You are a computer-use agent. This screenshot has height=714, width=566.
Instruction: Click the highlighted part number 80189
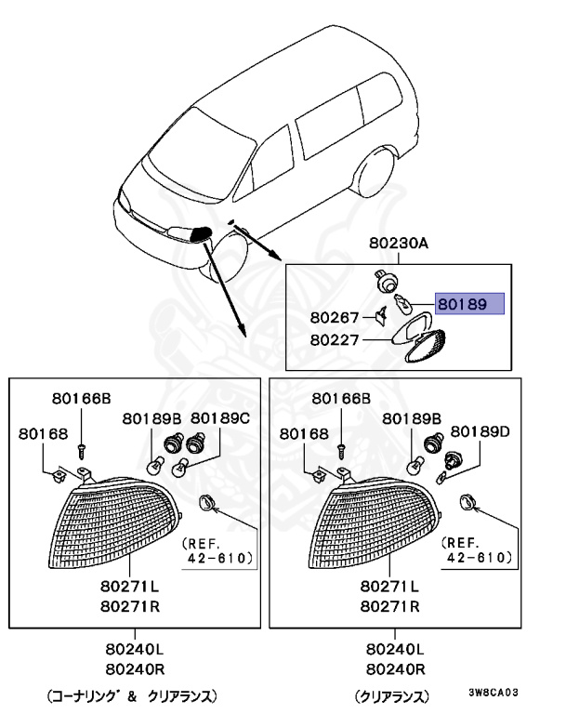click(469, 304)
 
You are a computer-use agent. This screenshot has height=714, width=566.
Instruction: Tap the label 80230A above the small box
click(398, 244)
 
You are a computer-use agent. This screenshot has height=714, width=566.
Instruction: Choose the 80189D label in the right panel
click(480, 432)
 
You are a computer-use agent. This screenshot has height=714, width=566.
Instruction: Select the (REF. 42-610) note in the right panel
click(479, 550)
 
